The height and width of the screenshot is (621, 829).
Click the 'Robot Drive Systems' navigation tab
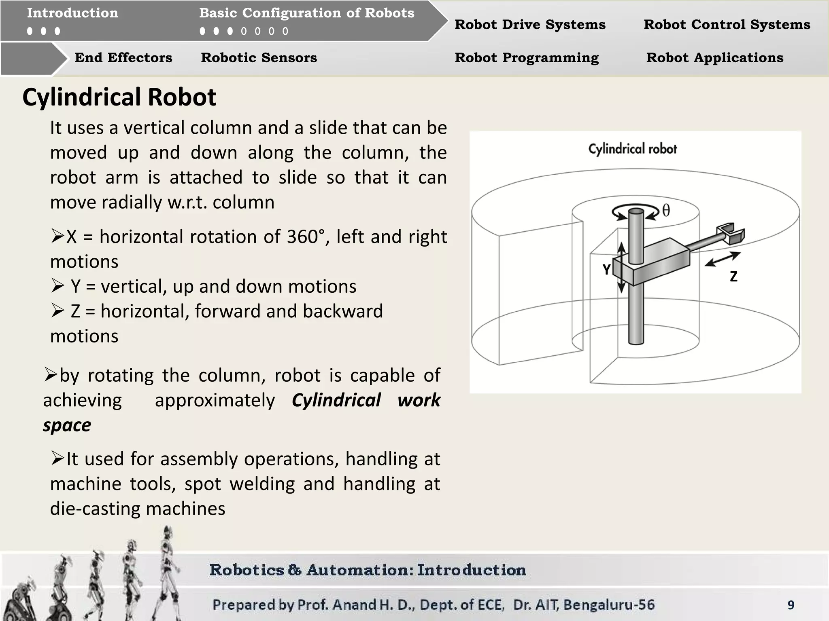coord(530,24)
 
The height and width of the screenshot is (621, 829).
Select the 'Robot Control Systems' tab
coord(727,24)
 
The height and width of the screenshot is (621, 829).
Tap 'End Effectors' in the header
coord(123,57)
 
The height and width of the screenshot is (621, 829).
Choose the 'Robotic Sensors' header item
coord(259,57)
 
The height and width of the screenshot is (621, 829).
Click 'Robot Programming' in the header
coord(527,57)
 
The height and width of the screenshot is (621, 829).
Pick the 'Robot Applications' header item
coord(715,57)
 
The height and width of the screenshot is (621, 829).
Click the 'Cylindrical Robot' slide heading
coord(119,97)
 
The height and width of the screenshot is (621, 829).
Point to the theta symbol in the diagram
coord(666,211)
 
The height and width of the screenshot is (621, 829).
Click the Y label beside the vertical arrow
coord(606,269)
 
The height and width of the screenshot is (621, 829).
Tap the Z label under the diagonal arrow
coord(733,277)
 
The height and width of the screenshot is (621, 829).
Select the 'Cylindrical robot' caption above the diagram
coord(633,149)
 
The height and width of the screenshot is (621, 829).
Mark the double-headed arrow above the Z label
coord(723,259)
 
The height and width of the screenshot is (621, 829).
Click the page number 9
coord(791,605)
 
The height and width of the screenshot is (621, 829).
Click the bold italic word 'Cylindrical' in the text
coord(336,400)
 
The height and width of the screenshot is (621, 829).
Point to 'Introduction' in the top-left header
coord(73,13)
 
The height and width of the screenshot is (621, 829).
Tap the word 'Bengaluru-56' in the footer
coord(609,605)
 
